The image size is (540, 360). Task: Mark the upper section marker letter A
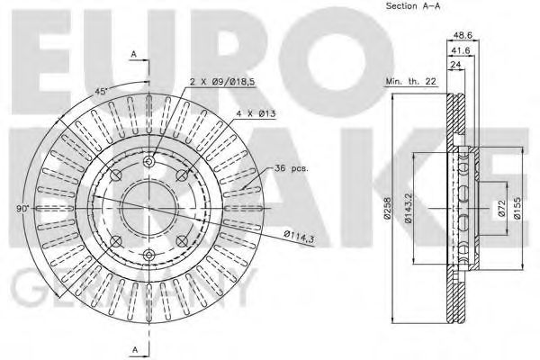point(134,55)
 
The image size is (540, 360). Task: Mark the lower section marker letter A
point(134,348)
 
